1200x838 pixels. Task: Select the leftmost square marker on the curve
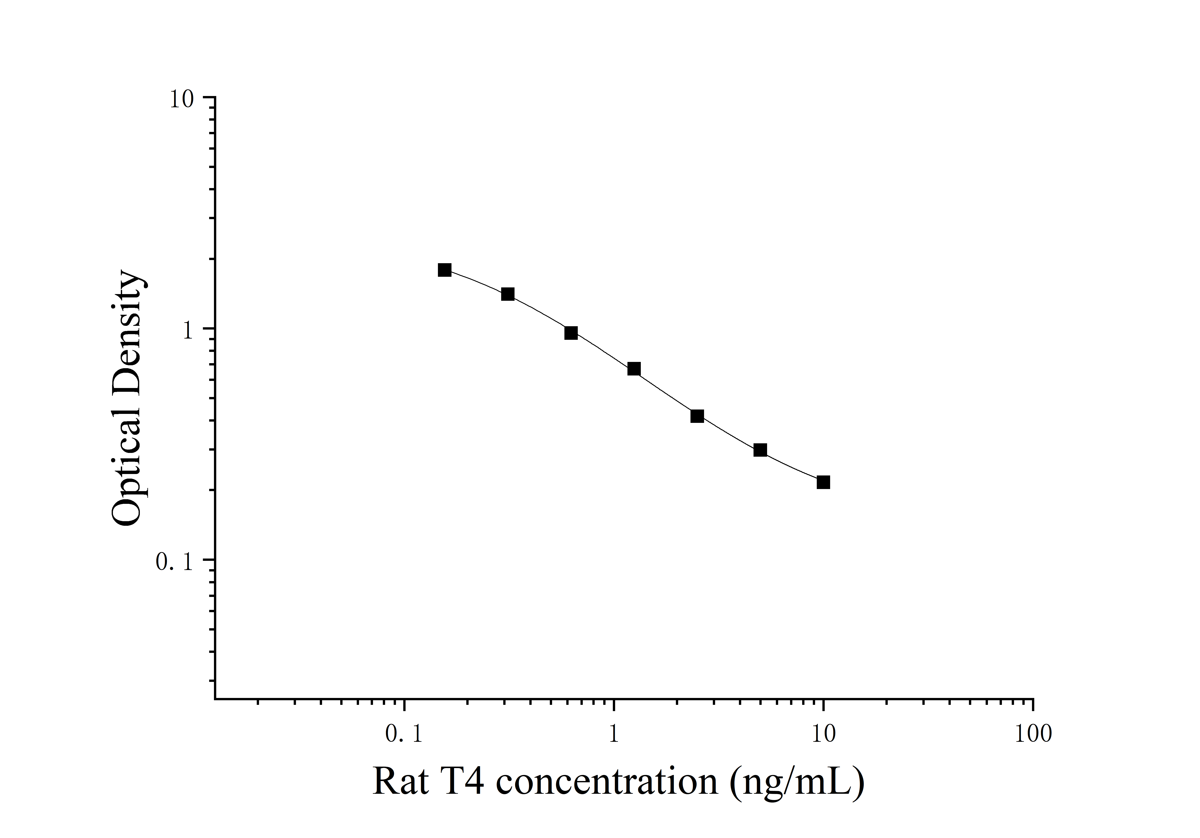coord(445,270)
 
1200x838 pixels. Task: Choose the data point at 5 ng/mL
coord(760,450)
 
